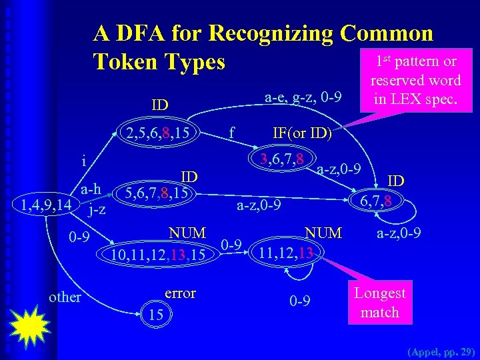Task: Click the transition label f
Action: [231, 133]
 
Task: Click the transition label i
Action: [83, 160]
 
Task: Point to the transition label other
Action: [65, 297]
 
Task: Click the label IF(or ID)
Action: [302, 133]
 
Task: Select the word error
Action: [179, 293]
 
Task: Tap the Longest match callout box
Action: [379, 302]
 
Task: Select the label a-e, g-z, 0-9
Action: [303, 97]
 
